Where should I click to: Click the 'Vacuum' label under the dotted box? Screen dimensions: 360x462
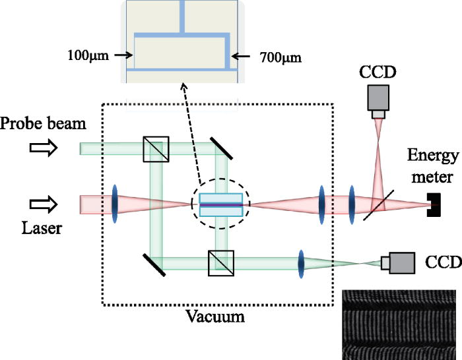tap(215, 317)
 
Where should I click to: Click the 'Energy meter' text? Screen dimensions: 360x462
tap(432, 164)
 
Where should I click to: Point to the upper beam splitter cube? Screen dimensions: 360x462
tap(155, 149)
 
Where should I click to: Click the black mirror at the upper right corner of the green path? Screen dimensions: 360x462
tap(221, 148)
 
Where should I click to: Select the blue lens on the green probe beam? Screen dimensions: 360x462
tap(301, 262)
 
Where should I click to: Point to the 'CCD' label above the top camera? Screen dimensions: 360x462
tap(378, 71)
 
